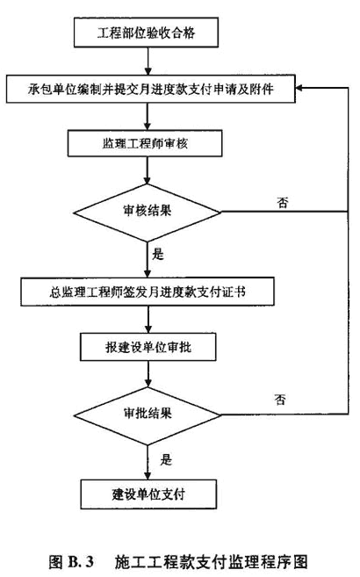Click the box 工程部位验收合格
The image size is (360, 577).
pos(146,33)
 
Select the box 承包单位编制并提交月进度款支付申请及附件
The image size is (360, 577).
pos(151,89)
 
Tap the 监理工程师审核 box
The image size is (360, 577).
pos(145,143)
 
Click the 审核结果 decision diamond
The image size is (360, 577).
pos(148,213)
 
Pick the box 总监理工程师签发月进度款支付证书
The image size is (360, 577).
pos(148,292)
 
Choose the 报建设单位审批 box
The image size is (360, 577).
pos(148,347)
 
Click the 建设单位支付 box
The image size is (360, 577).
pos(148,494)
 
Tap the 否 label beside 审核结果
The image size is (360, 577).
pos(283,203)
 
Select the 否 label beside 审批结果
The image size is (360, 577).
pos(280,400)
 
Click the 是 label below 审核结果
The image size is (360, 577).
pos(158,255)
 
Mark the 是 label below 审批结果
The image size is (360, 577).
pos(166,459)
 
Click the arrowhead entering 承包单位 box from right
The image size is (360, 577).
pos(299,88)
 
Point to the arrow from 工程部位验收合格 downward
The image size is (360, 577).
pos(148,61)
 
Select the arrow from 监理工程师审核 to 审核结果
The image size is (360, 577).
pos(148,170)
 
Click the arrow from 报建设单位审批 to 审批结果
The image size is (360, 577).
pos(148,374)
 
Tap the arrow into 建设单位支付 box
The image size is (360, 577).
pos(148,462)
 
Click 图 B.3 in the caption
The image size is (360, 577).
pos(71,561)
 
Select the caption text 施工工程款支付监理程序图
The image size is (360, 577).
pos(211,562)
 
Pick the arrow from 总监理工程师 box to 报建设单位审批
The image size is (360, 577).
pos(148,320)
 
